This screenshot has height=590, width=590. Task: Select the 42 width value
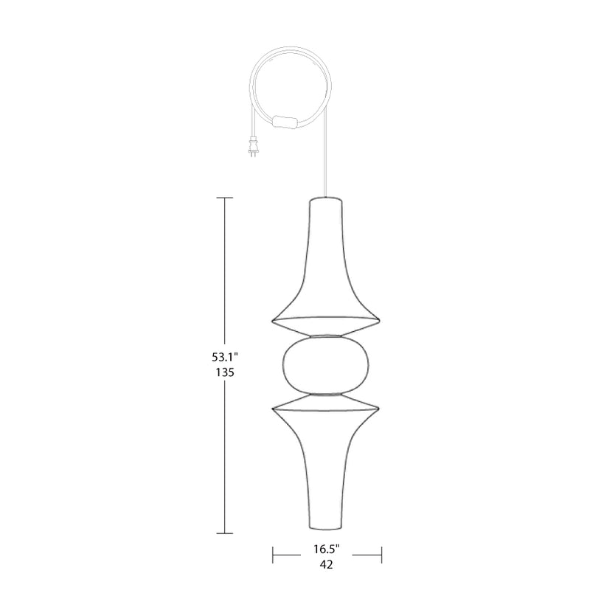coord(327,566)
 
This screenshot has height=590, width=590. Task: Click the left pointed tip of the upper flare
coord(274,321)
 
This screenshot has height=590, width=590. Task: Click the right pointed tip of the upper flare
coord(381,321)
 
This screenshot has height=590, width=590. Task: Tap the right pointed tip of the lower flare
coord(381,407)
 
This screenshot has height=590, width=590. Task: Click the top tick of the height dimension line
coord(224,198)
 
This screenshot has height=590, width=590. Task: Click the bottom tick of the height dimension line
coord(224,532)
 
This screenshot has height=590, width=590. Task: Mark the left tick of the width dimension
coord(274,552)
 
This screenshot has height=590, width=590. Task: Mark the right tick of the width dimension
coord(382,552)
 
